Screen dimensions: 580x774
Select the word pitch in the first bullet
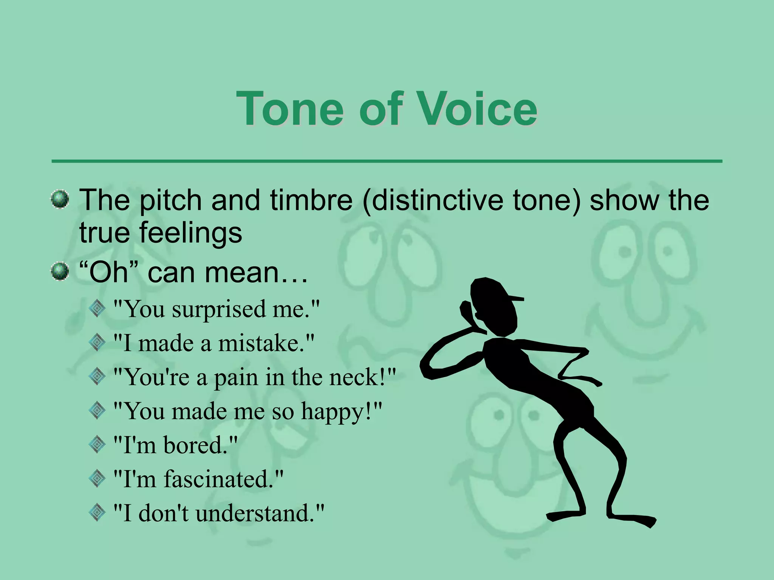(171, 200)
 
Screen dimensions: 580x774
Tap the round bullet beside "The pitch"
(60, 199)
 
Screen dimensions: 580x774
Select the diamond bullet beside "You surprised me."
(98, 309)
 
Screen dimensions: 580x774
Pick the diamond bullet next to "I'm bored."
(98, 445)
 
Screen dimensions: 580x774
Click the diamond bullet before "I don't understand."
(98, 513)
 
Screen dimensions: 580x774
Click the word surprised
(219, 309)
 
